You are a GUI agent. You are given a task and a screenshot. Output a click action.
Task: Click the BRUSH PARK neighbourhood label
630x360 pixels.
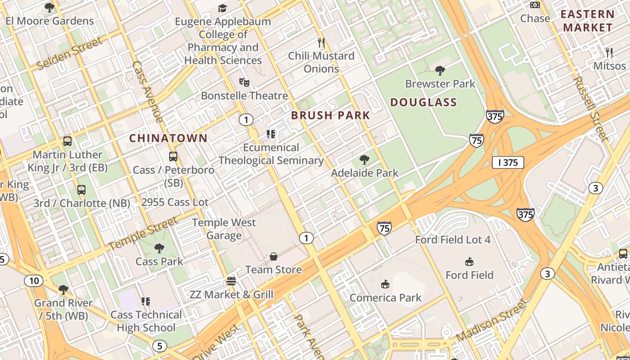[330, 115]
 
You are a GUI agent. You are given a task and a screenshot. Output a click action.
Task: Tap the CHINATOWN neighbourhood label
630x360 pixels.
[168, 138]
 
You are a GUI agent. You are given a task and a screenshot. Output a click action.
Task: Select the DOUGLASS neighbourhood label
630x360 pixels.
[423, 103]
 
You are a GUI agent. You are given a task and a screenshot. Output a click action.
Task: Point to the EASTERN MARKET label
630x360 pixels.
[588, 21]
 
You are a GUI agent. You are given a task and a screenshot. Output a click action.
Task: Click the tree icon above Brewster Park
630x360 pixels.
[440, 70]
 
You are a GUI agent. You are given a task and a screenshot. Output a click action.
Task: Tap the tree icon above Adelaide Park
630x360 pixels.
[364, 159]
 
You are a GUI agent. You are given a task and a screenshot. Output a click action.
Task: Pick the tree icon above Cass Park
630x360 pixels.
[159, 248]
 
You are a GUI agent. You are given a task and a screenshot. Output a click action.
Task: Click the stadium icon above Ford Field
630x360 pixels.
[469, 261]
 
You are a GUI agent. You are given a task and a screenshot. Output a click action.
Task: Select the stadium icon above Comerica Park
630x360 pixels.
[385, 284]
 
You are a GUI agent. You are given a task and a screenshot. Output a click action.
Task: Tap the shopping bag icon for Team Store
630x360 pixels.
[273, 256]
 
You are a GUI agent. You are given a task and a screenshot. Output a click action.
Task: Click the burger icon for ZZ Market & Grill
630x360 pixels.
[231, 281]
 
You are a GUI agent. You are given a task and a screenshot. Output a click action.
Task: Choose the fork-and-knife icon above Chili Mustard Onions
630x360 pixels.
[321, 43]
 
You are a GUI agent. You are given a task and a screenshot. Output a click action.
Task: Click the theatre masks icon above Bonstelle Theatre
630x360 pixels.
[244, 82]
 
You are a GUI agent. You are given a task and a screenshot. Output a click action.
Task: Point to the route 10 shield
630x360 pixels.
[34, 281]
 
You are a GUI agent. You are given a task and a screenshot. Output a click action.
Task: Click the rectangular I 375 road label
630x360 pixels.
[508, 162]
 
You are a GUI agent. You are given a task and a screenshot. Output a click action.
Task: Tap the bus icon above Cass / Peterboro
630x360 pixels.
[173, 157]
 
